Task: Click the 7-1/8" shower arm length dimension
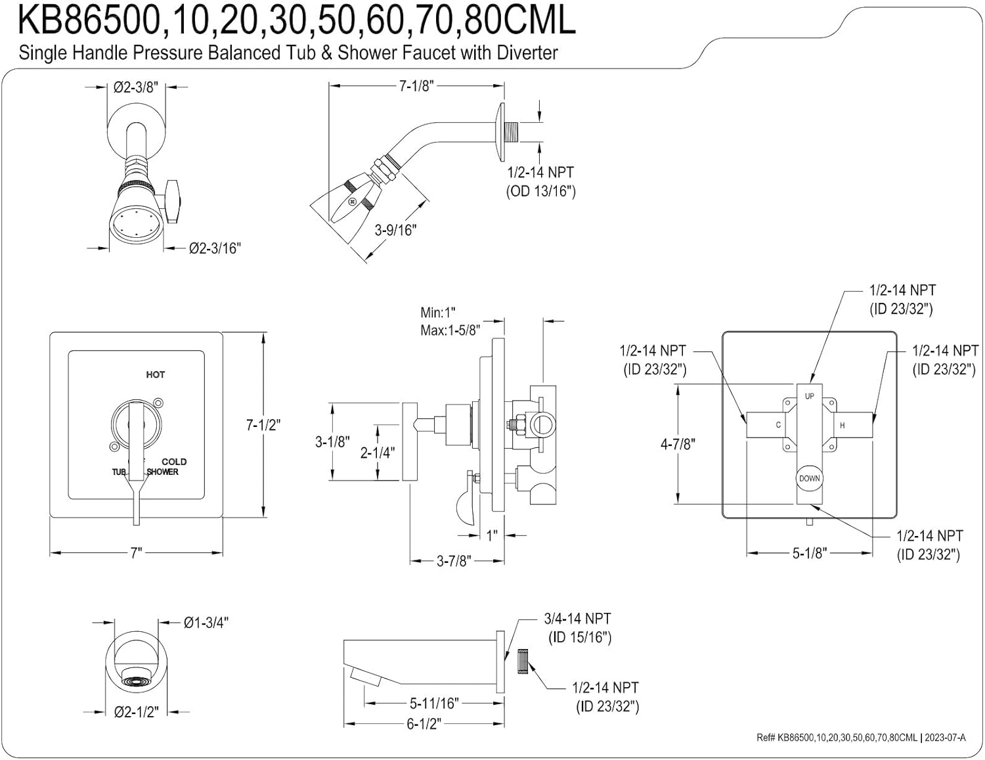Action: click(416, 86)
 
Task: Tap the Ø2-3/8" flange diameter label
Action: click(135, 87)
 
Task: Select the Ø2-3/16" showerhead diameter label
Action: click(215, 248)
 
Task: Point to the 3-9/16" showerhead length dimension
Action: click(395, 230)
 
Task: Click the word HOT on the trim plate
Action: click(156, 374)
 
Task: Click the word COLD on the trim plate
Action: click(174, 462)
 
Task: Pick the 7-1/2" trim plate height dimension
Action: click(263, 425)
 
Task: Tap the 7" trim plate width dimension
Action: click(136, 553)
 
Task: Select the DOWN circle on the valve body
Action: click(809, 478)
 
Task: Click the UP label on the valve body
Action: click(809, 396)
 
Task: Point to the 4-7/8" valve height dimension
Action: click(678, 444)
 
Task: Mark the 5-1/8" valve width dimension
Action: click(808, 553)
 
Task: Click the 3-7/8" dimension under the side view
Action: click(454, 562)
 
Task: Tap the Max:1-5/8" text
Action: click(450, 330)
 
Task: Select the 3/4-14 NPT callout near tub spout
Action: click(577, 619)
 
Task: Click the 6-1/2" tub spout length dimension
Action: click(424, 724)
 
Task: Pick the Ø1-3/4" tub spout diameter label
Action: click(206, 623)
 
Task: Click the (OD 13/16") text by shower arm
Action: click(540, 191)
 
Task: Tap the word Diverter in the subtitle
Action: click(523, 53)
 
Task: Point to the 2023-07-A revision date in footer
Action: click(945, 738)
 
